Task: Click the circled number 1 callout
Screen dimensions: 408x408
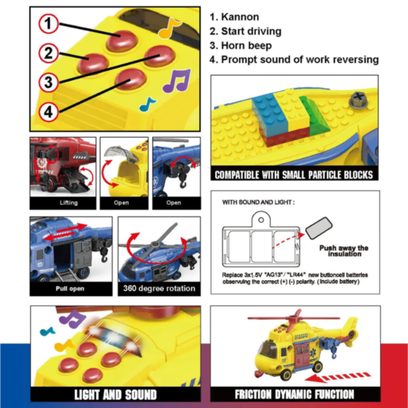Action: pos(48,24)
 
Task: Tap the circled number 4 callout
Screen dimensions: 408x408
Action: pos(48,112)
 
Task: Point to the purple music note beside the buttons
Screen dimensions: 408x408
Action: pos(176,81)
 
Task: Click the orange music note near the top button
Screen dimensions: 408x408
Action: pos(170,27)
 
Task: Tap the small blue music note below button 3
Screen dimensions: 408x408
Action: pos(148,103)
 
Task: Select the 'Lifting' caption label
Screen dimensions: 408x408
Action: pos(62,203)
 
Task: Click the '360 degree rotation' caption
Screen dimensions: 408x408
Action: pos(157,288)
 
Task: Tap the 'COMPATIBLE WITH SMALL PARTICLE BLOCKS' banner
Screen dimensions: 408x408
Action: pos(294,174)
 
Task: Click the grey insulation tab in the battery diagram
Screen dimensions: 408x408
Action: pos(317,226)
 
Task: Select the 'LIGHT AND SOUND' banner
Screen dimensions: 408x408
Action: pos(115,393)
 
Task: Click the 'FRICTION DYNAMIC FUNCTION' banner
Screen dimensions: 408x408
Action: pos(294,393)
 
